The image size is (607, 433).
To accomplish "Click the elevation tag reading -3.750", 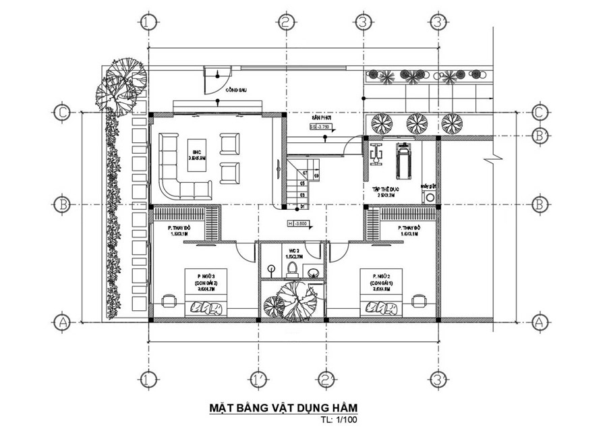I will (x=322, y=126).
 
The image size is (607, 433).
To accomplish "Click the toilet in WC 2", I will (x=292, y=268).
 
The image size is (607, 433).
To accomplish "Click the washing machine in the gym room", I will (x=428, y=196).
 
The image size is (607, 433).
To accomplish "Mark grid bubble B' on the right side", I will (x=538, y=136).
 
